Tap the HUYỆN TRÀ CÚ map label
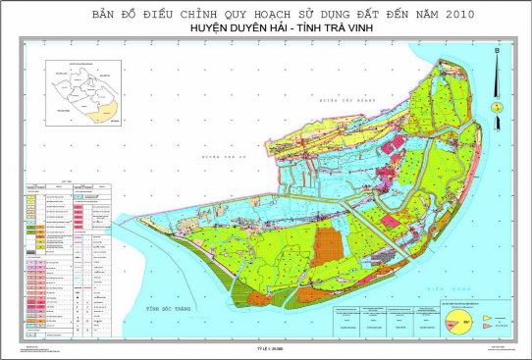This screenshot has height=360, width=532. (219, 155)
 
